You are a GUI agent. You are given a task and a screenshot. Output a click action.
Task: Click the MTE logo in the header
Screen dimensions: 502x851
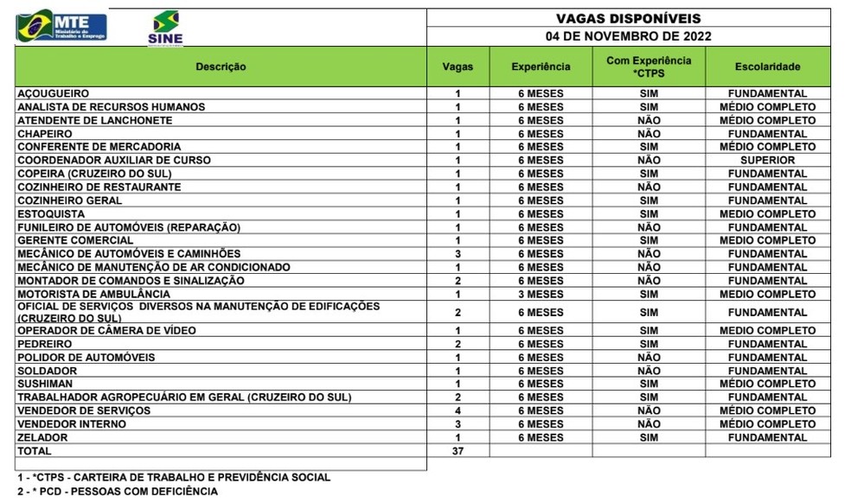pyautogui.click(x=62, y=26)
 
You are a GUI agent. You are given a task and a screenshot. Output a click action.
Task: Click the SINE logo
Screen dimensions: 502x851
pyautogui.click(x=165, y=28)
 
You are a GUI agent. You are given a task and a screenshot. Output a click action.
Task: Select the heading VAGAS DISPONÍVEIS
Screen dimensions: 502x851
pyautogui.click(x=628, y=18)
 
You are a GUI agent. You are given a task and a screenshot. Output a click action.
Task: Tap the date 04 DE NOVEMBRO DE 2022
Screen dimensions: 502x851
pyautogui.click(x=628, y=36)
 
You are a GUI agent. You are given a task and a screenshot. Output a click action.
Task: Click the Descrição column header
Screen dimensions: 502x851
pyautogui.click(x=221, y=67)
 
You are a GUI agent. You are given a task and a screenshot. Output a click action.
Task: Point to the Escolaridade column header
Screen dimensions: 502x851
pyautogui.click(x=767, y=67)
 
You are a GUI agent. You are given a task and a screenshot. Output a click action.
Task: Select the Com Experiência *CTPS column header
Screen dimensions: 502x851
pyautogui.click(x=649, y=67)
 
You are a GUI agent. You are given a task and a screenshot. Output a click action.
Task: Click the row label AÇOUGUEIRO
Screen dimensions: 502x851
pyautogui.click(x=54, y=93)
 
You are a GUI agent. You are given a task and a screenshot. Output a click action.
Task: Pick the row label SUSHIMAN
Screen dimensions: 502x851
pyautogui.click(x=45, y=384)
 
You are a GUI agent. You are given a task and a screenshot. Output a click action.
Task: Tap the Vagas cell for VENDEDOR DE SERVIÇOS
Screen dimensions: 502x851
pyautogui.click(x=457, y=410)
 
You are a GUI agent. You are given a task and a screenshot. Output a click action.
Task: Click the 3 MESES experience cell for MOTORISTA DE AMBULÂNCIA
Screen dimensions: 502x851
pyautogui.click(x=541, y=295)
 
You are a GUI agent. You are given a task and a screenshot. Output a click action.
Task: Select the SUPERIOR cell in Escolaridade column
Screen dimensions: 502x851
pyautogui.click(x=767, y=161)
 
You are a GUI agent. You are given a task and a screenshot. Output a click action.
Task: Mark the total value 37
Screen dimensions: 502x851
pyautogui.click(x=457, y=451)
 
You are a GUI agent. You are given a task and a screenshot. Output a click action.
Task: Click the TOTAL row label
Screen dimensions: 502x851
pyautogui.click(x=35, y=451)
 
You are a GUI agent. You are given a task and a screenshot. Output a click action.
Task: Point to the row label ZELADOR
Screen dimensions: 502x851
pyautogui.click(x=42, y=437)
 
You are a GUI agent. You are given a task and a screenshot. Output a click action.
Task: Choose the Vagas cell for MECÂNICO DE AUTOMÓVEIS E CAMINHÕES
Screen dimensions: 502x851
pyautogui.click(x=457, y=254)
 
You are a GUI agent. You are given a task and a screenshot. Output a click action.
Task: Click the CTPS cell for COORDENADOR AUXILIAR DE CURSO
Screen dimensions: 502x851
pyautogui.click(x=649, y=161)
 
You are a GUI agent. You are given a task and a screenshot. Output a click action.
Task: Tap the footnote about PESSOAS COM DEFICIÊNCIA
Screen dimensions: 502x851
pyautogui.click(x=118, y=492)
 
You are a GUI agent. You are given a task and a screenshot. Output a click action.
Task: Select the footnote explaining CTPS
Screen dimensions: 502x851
pyautogui.click(x=173, y=477)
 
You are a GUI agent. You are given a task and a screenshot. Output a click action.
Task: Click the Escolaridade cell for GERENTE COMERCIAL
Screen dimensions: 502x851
pyautogui.click(x=767, y=241)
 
